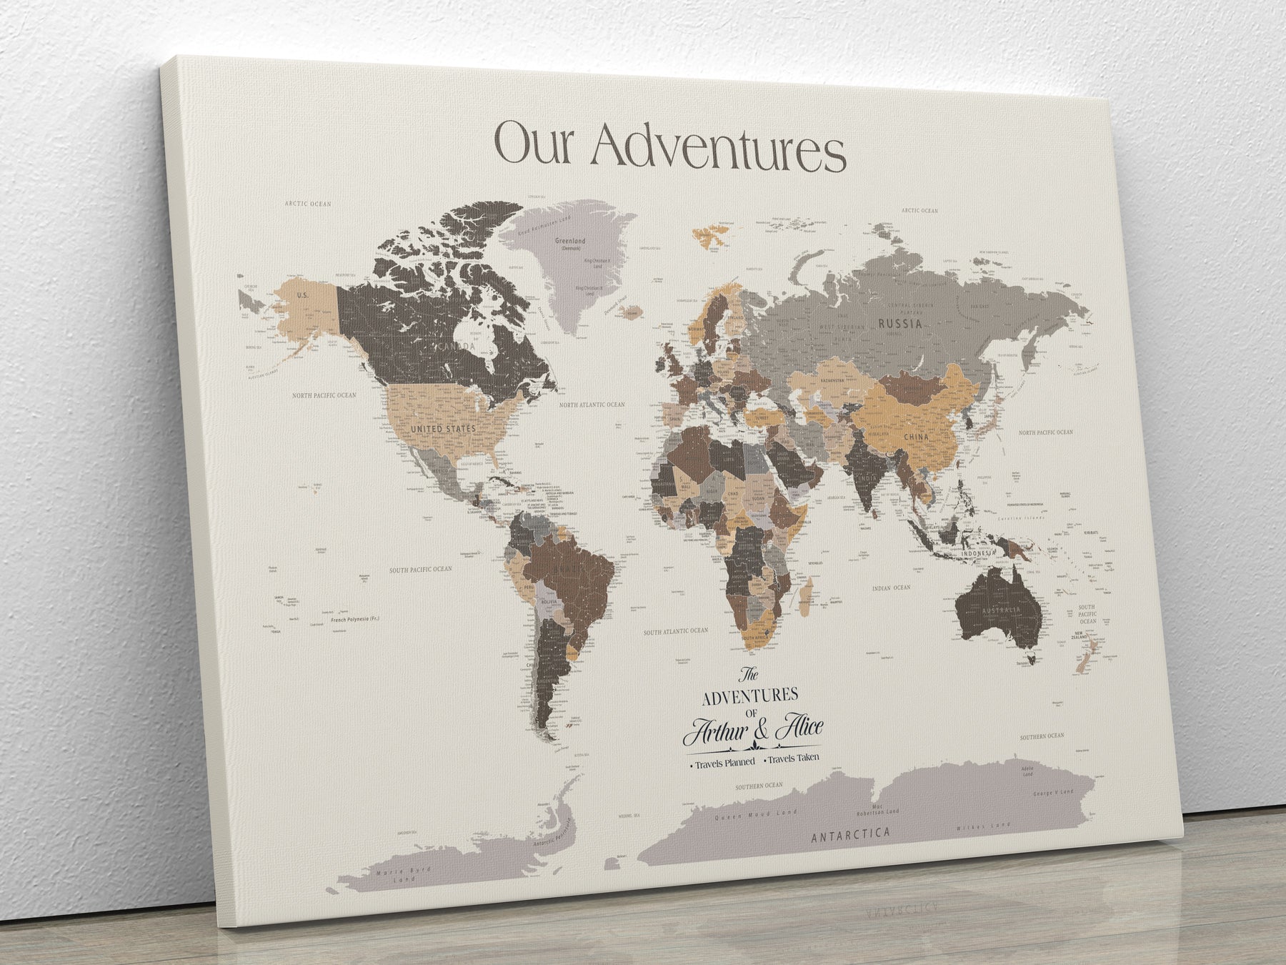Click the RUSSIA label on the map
pos(899,324)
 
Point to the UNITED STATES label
pos(443,428)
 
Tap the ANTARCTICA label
pos(850,833)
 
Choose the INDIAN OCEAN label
pos(891,588)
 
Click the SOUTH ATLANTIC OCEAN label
pos(675,630)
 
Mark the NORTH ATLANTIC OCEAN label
pos(592,405)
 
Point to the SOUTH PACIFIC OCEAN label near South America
pos(420,570)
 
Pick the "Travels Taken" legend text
pos(793,758)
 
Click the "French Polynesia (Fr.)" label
pos(359,618)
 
